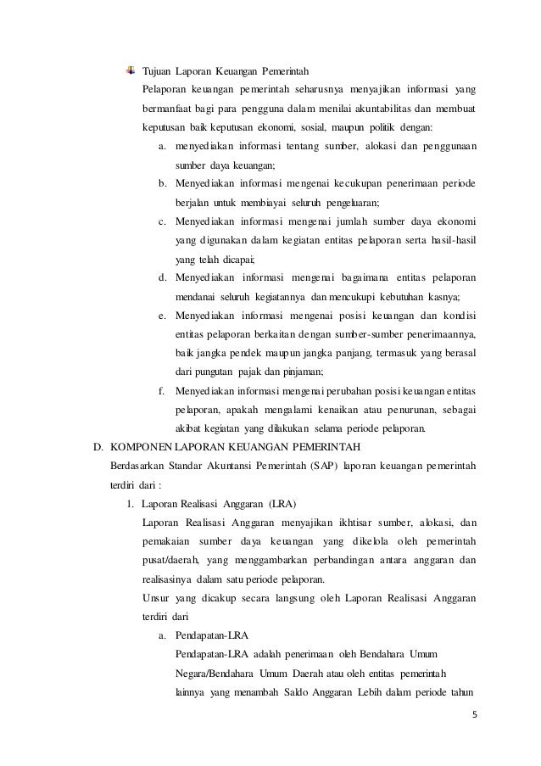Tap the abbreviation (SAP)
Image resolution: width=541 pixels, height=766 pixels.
click(x=326, y=465)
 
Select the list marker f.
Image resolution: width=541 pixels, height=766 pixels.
click(x=161, y=389)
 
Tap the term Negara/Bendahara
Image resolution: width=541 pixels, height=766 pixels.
click(x=208, y=670)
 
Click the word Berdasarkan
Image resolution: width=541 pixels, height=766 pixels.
click(x=139, y=465)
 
